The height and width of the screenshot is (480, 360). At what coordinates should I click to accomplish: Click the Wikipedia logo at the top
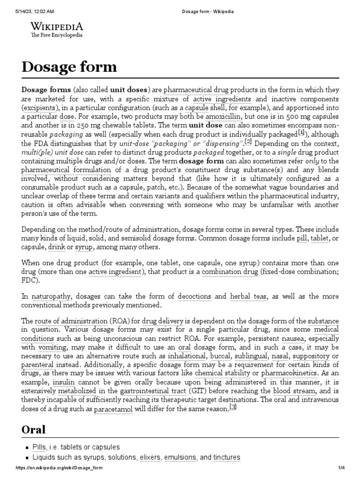coord(57,29)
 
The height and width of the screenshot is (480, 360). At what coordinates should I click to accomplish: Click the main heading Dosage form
coord(69,67)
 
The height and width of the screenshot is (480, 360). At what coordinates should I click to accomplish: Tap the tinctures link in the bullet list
coord(226,457)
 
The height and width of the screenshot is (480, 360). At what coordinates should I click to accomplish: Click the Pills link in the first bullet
coord(39,447)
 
